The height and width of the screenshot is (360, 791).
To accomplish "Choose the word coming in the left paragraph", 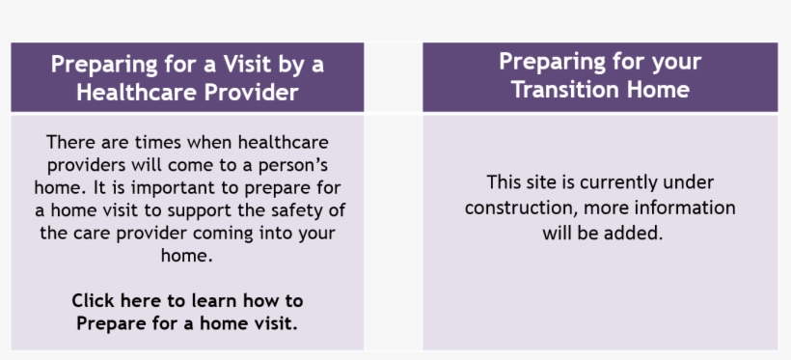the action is click(x=223, y=234).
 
